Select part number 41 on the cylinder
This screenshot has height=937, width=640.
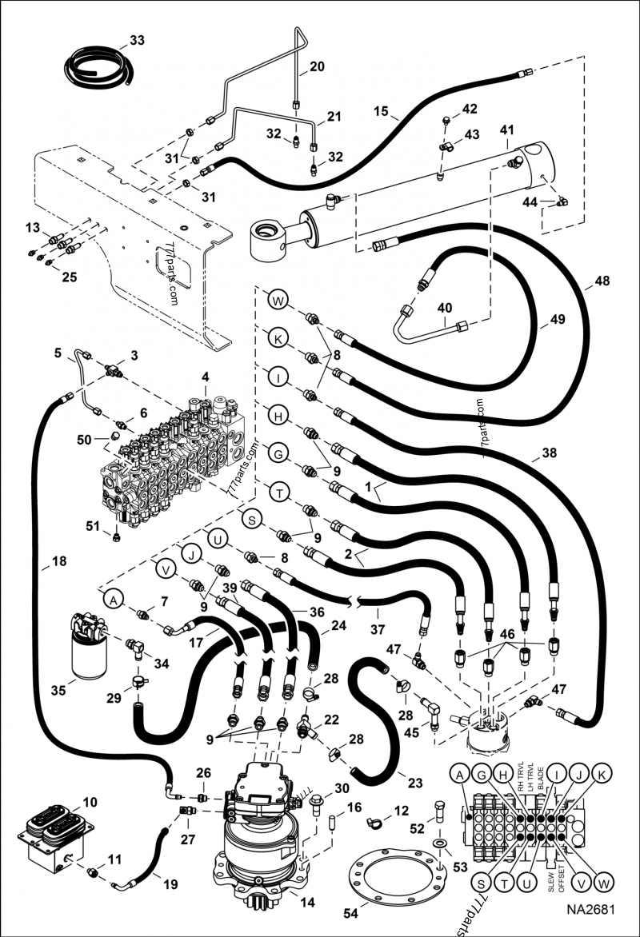pyautogui.click(x=506, y=129)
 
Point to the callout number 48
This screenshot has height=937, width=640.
pyautogui.click(x=602, y=281)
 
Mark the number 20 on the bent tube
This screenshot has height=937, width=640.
pyautogui.click(x=317, y=67)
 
